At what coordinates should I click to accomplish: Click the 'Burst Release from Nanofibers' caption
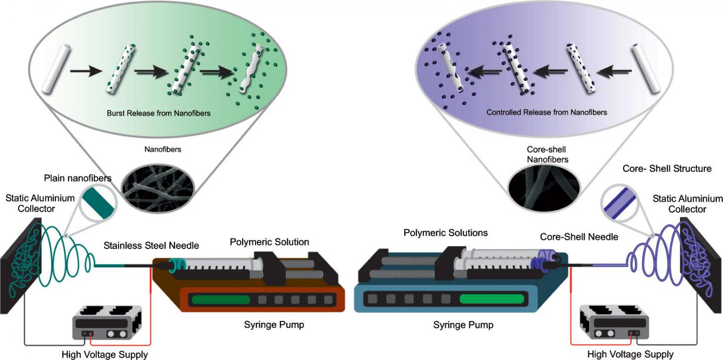pos(159,113)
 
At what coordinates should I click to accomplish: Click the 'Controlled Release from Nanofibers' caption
pos(547,112)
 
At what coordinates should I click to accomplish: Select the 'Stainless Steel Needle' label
pos(152,246)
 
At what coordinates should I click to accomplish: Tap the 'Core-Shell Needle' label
pos(578,236)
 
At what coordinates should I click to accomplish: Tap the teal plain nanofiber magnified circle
pos(98,202)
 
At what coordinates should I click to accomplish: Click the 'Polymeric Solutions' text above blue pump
pos(446,233)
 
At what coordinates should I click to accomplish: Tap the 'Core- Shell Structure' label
pos(667,169)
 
